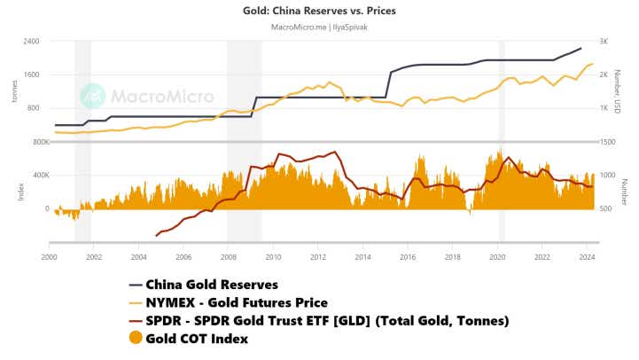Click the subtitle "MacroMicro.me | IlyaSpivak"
click(319, 27)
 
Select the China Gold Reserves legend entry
click(211, 285)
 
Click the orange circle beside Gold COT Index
click(135, 337)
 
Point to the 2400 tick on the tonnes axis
click(31, 42)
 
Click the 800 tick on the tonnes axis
click(34, 108)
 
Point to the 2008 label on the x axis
click(228, 256)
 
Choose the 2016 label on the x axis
click(408, 256)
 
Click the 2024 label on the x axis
click(587, 256)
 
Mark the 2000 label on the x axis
click(49, 256)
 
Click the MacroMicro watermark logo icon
click(91, 96)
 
